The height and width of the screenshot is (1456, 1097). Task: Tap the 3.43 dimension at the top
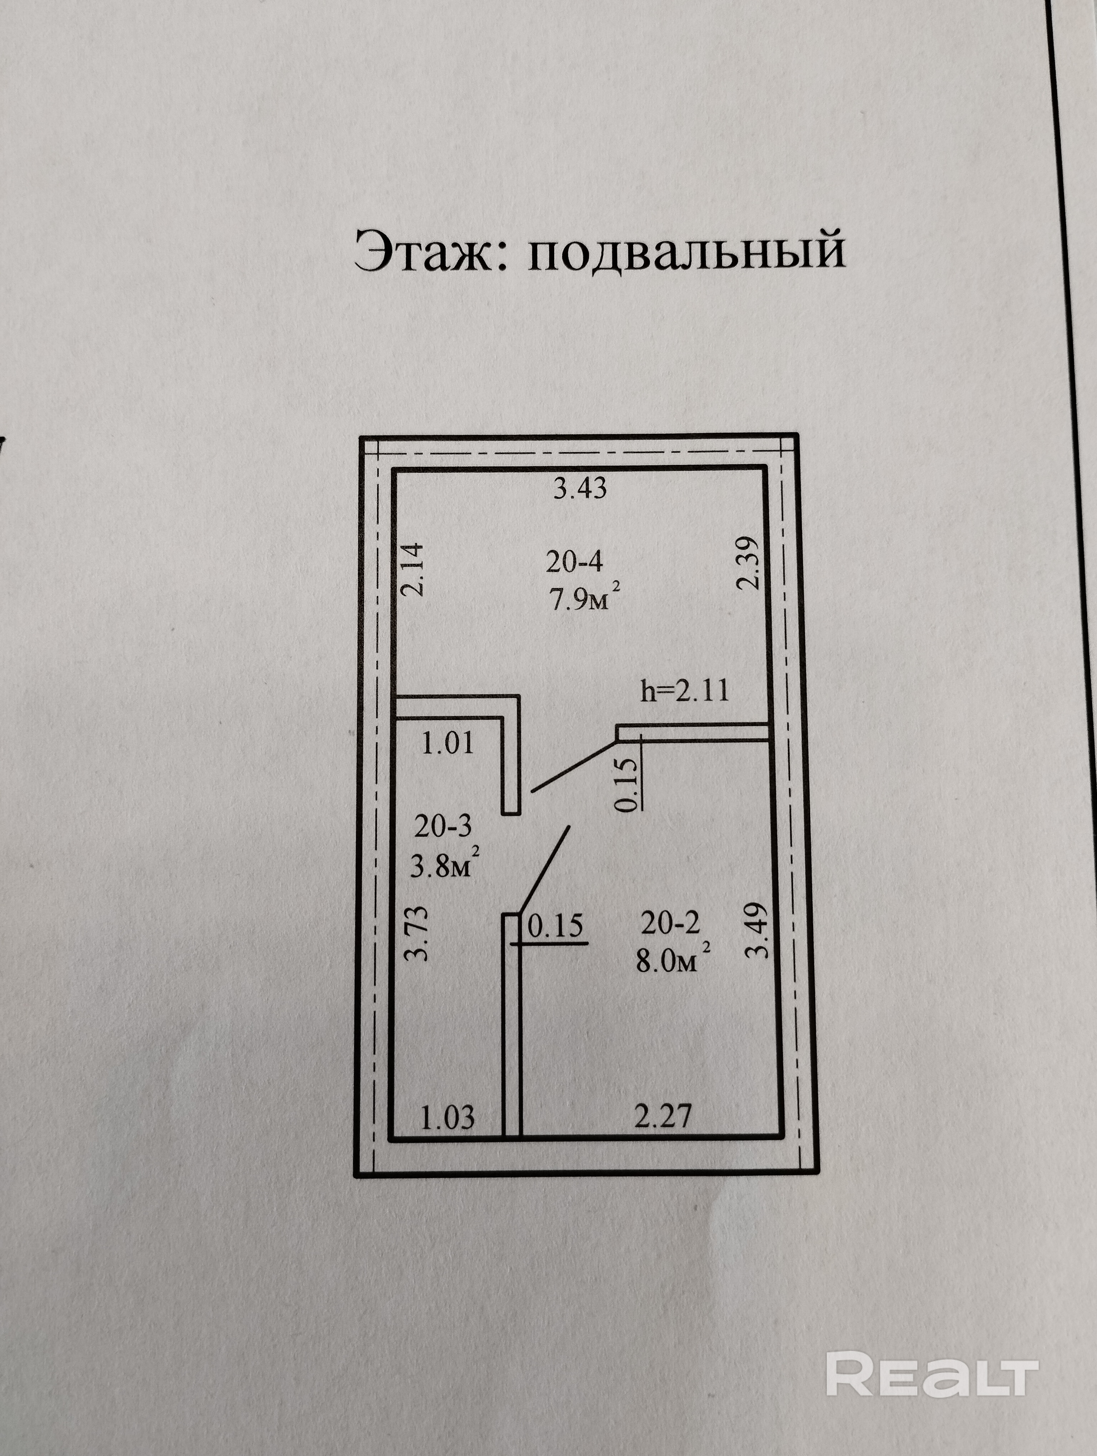point(580,489)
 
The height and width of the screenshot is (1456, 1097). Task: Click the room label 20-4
point(574,561)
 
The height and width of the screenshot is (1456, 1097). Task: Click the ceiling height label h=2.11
point(685,691)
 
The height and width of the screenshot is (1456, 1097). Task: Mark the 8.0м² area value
point(672,961)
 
